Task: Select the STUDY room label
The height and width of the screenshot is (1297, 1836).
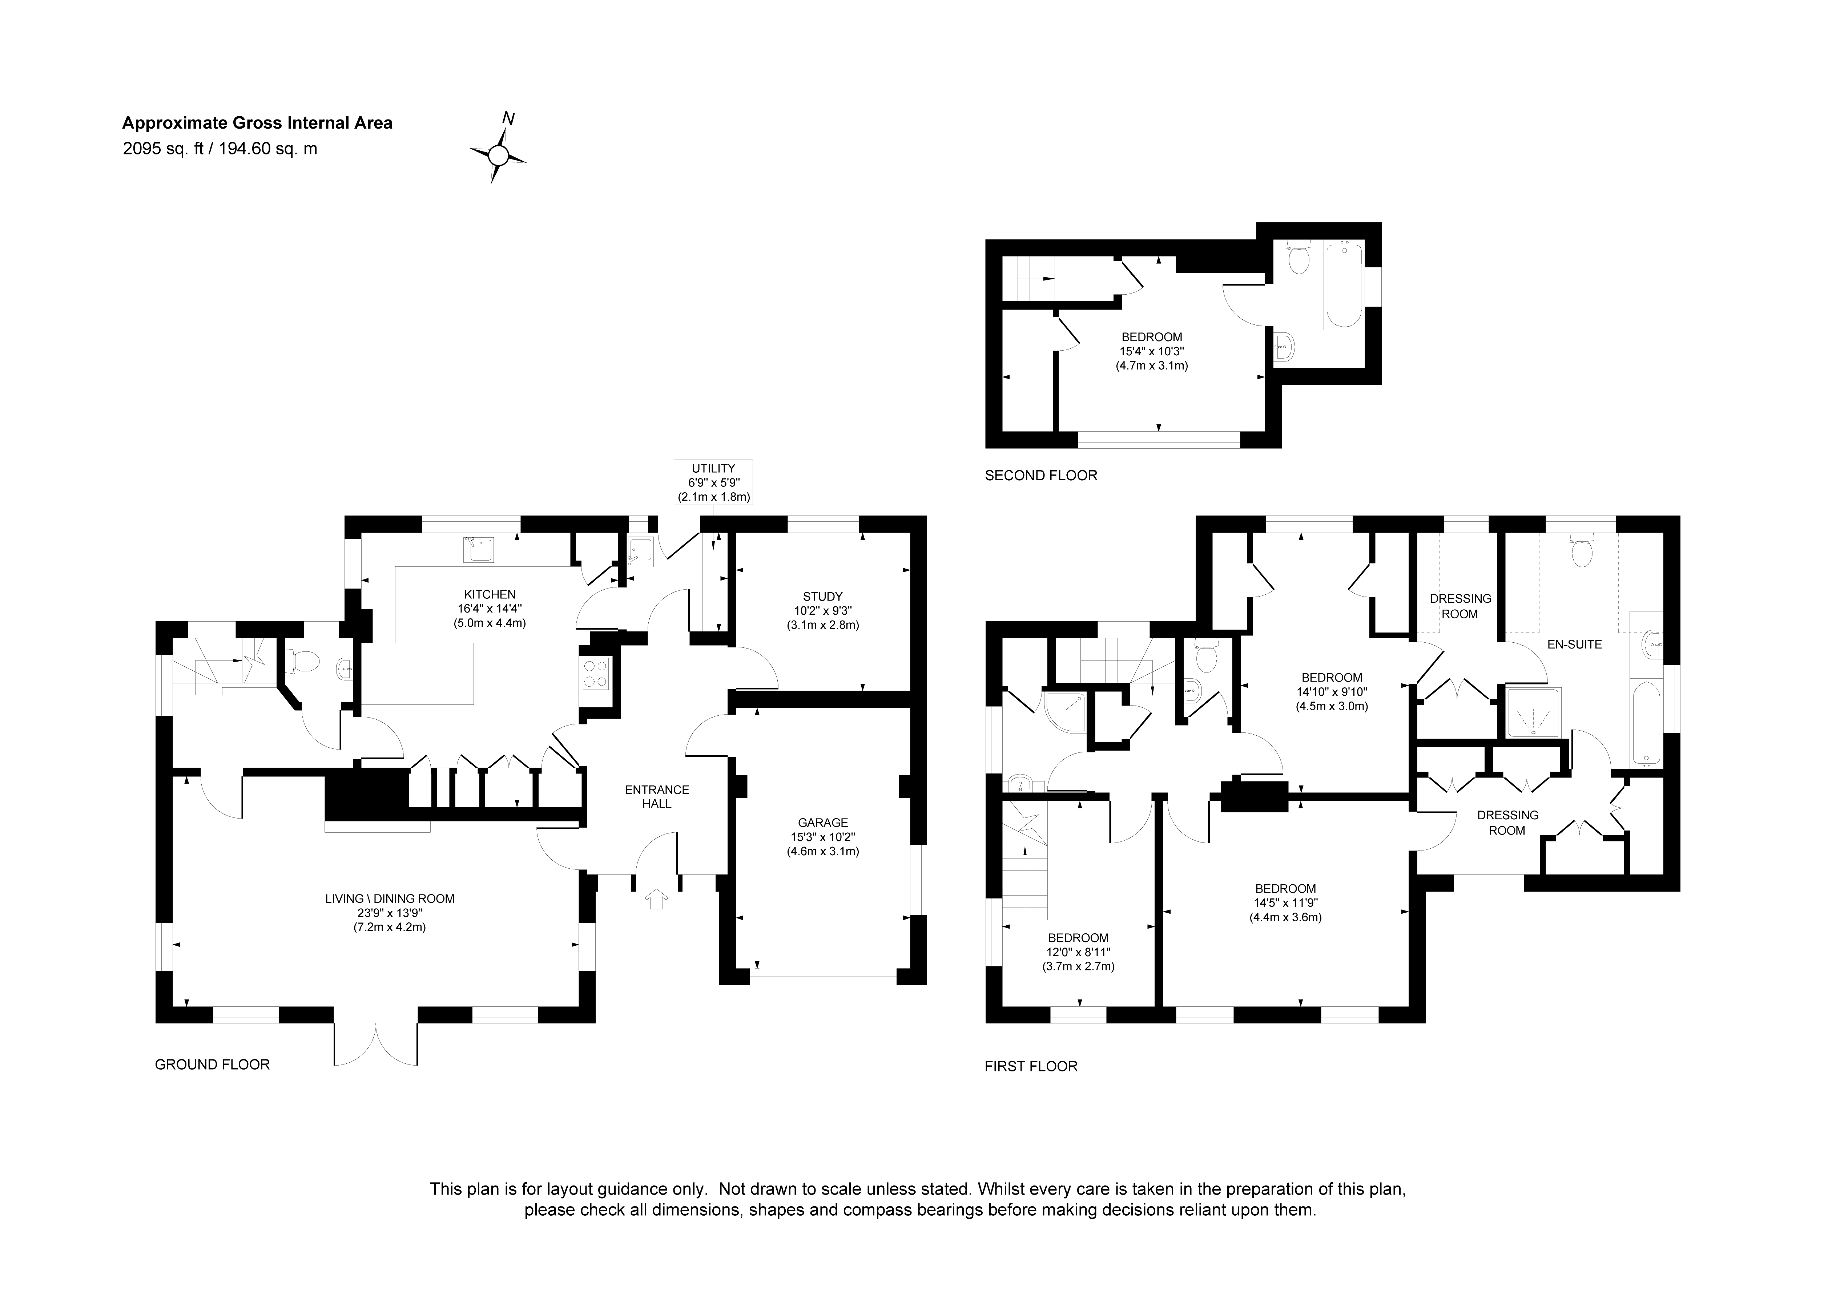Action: pos(823,597)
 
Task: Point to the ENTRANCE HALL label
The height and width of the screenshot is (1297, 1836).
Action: pos(656,796)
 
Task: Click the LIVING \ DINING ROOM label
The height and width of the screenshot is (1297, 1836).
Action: pos(390,899)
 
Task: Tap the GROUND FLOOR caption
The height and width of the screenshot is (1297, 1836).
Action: pos(212,1064)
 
